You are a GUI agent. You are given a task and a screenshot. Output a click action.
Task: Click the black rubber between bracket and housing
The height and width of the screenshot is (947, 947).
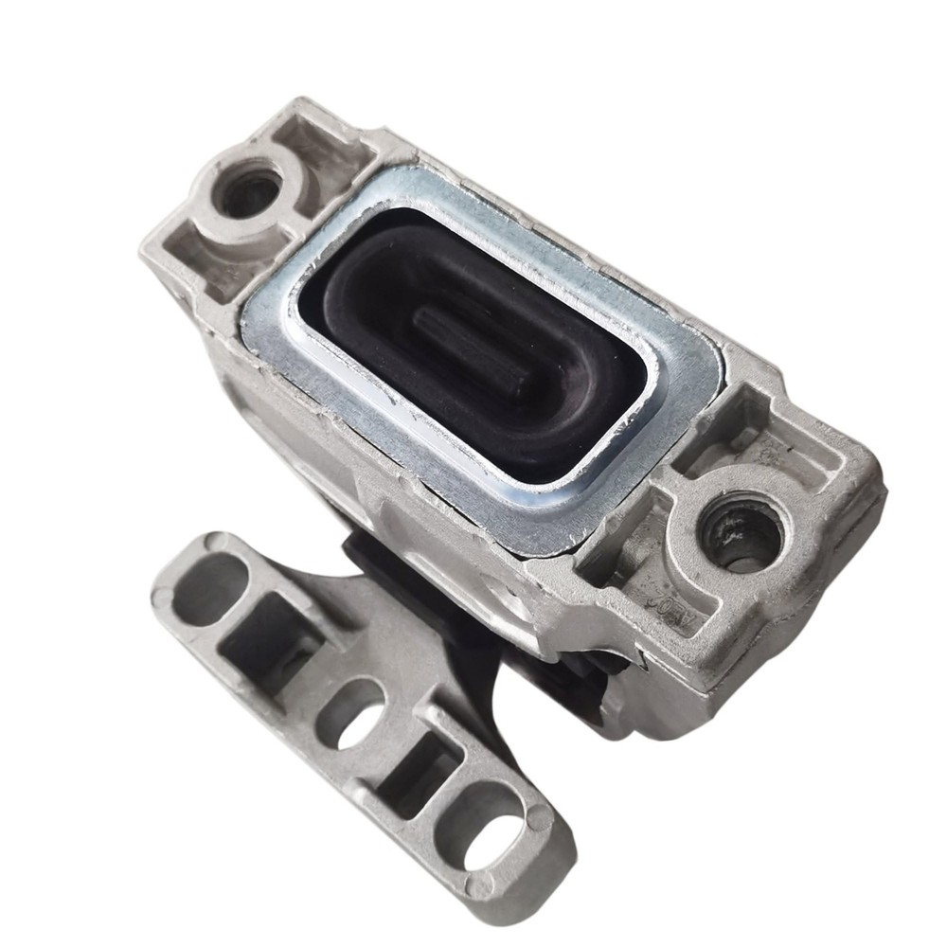pyautogui.click(x=379, y=559)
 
